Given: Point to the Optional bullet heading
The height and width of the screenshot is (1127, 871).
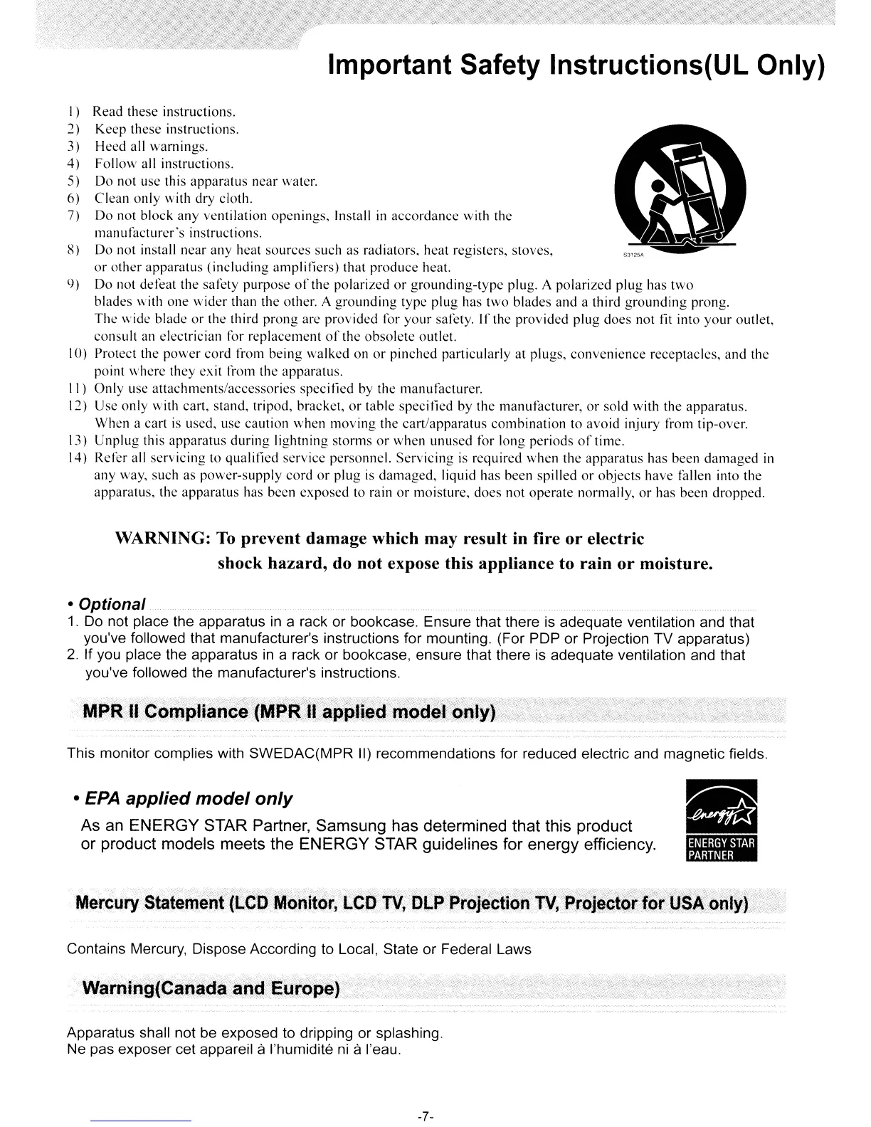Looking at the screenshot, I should (x=112, y=604).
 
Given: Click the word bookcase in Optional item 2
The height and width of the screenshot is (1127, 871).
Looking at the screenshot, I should (x=379, y=655).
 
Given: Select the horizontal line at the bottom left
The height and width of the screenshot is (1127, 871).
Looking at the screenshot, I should (x=142, y=1121).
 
